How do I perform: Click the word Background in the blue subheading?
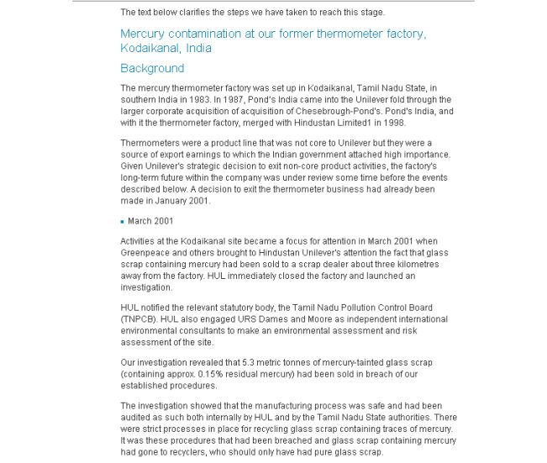click(x=152, y=68)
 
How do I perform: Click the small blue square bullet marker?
click(x=123, y=221)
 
